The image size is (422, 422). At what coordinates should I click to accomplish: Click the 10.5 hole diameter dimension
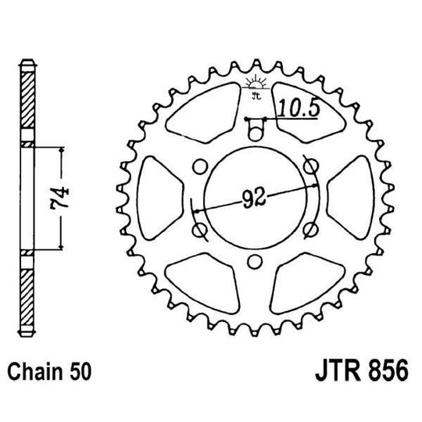click(x=299, y=108)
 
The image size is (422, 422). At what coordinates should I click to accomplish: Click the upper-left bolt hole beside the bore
click(x=198, y=165)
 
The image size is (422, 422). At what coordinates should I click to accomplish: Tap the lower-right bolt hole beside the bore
click(x=311, y=227)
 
